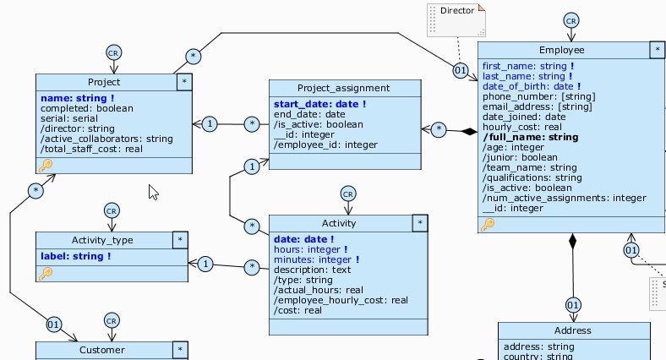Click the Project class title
pos(103,82)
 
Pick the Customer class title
pos(101,349)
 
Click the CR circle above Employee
pos(571,20)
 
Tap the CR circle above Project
pos(113,52)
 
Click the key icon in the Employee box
pos(488,224)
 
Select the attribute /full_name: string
pos(531,137)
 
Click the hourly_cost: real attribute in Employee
pos(521,127)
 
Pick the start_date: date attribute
pos(319,104)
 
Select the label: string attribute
pos(76,256)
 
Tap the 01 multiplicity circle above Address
pos(573,304)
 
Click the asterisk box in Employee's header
pos(657,50)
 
